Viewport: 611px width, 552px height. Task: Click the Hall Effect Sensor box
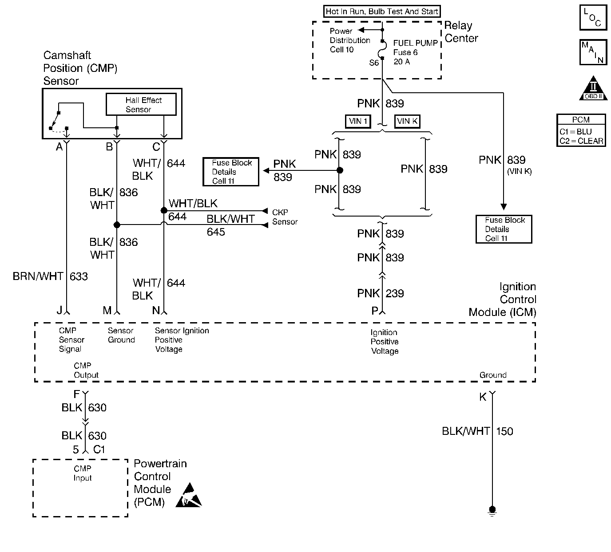coord(141,104)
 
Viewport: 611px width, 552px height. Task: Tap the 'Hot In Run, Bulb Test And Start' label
coord(382,12)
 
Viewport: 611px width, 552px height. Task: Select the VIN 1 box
coord(358,121)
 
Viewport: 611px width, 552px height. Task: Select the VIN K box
coord(407,121)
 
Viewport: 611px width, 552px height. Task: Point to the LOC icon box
coord(593,18)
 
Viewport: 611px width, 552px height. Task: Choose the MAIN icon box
coord(593,52)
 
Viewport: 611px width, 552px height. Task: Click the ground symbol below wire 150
coord(492,510)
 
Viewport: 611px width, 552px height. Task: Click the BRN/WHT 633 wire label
coord(50,276)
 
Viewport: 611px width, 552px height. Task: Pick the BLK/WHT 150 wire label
coord(477,431)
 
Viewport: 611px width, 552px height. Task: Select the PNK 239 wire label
coord(381,293)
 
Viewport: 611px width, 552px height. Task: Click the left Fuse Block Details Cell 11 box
coord(231,172)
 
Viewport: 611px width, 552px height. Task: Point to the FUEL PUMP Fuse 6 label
coord(415,52)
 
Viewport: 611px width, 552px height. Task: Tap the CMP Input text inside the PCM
coord(83,473)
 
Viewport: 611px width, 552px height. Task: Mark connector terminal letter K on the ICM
coord(483,397)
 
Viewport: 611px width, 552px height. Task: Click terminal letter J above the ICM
coord(60,311)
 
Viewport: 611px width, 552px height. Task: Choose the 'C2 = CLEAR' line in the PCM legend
coord(581,141)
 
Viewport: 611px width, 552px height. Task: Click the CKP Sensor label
coord(285,217)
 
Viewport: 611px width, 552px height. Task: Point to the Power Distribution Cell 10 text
coord(349,40)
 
